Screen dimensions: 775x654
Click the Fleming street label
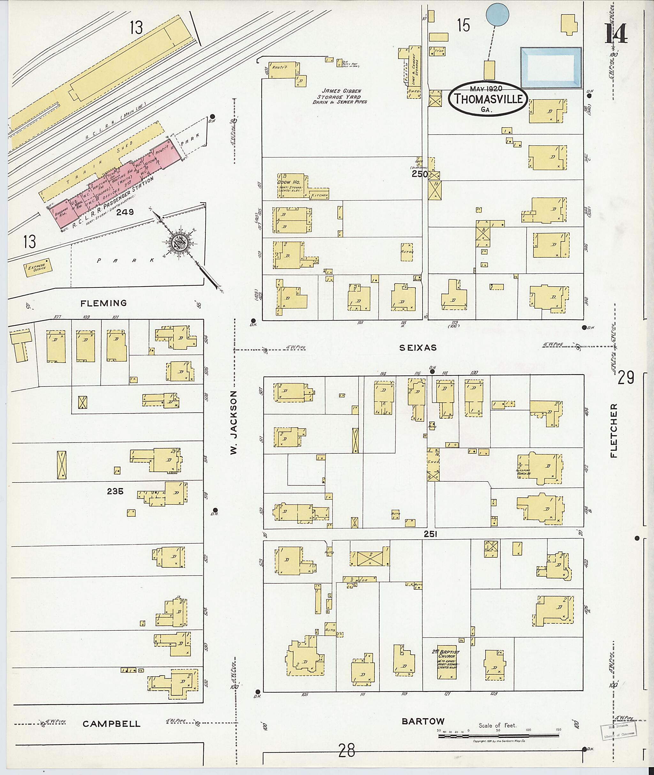[104, 303]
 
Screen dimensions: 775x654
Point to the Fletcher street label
[614, 430]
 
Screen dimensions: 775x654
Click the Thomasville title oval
[488, 99]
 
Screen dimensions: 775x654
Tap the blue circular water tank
[497, 15]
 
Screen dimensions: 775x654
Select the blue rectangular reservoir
[551, 68]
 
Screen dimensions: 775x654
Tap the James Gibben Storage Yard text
[341, 96]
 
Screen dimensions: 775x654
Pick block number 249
[125, 212]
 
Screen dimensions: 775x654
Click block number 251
[431, 534]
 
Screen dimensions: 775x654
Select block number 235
[115, 491]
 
